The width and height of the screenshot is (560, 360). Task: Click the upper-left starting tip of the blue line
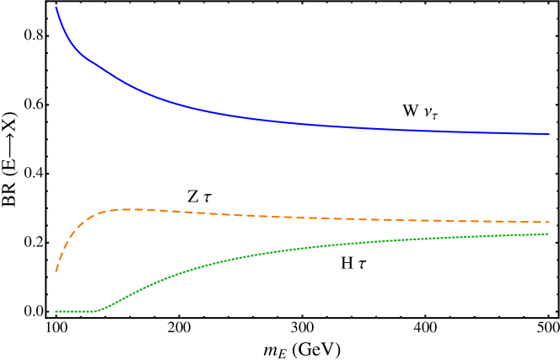[x=57, y=8]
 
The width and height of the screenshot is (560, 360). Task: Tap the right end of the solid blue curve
[x=549, y=134]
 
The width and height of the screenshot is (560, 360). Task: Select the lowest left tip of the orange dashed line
[x=57, y=271]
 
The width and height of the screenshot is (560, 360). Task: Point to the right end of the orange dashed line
[x=549, y=222]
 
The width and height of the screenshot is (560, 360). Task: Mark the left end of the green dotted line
[x=57, y=311]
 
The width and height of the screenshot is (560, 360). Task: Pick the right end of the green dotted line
[x=548, y=234]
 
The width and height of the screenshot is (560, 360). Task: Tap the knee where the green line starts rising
[x=96, y=310]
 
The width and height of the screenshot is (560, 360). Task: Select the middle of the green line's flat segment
[x=76, y=311]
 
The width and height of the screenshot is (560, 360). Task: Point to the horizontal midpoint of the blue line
[x=303, y=123]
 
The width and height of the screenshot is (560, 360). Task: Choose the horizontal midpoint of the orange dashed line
[x=303, y=218]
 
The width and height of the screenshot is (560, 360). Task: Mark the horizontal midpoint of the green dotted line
[x=303, y=248]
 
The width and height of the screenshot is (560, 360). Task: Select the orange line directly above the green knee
[x=96, y=214]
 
